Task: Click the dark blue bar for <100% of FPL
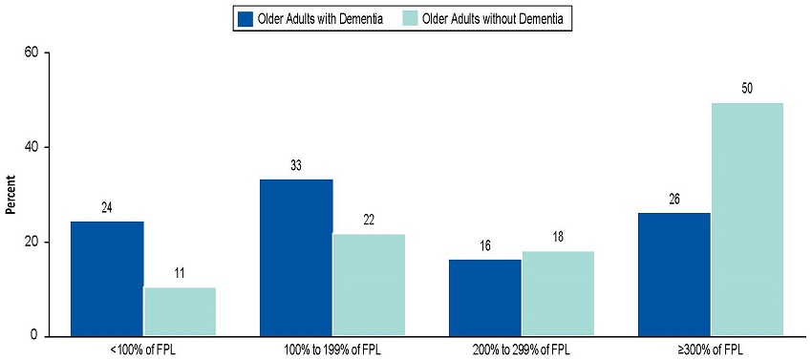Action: [x=107, y=279]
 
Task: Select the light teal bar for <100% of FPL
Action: [x=180, y=311]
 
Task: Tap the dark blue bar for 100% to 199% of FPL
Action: [x=296, y=258]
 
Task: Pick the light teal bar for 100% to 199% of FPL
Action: [x=369, y=285]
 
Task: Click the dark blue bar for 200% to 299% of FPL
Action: [x=485, y=298]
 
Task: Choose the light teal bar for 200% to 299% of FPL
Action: [x=558, y=293]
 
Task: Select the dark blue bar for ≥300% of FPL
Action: [x=674, y=274]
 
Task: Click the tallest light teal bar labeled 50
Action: [x=747, y=220]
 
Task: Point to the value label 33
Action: [x=296, y=166]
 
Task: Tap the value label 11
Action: [x=180, y=274]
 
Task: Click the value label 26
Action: [x=674, y=200]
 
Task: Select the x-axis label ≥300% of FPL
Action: [x=711, y=349]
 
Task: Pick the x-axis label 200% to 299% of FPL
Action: [x=522, y=349]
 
